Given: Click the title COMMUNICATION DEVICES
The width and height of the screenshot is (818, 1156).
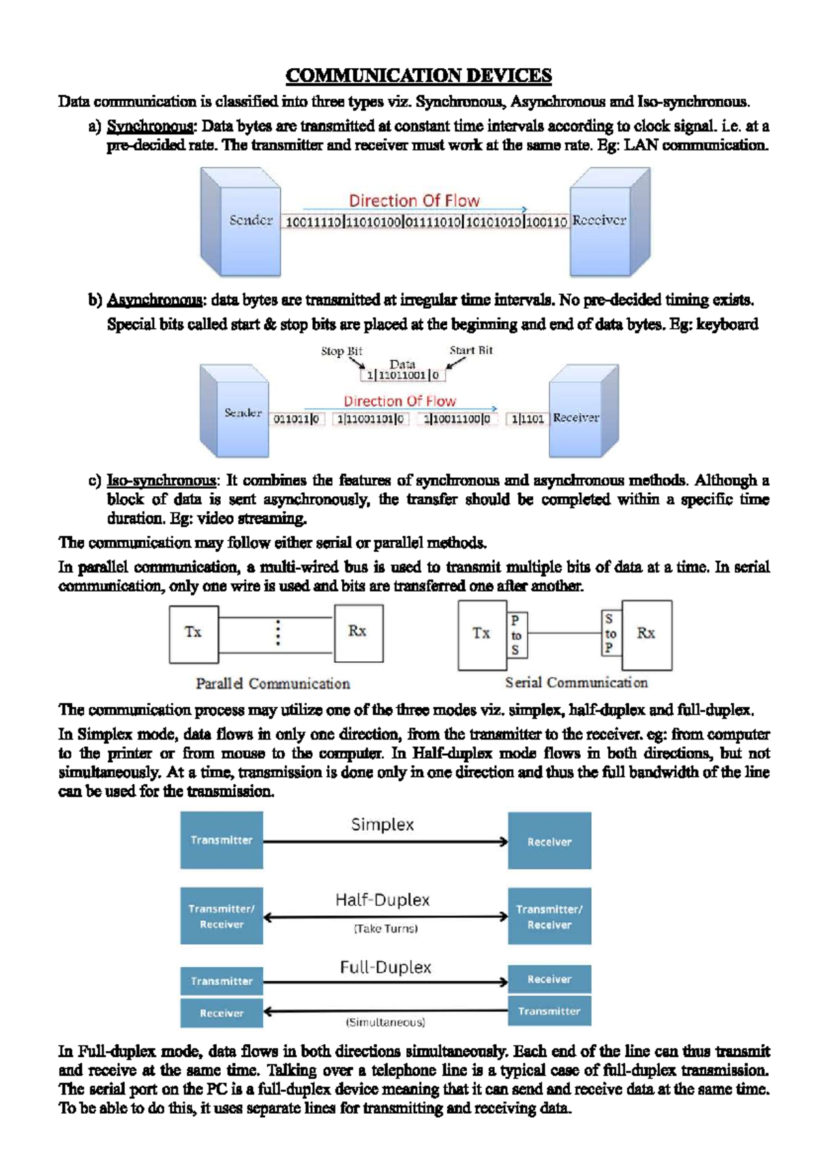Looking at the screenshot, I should [x=418, y=75].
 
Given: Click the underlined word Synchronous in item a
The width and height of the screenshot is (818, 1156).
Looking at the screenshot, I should [x=151, y=126].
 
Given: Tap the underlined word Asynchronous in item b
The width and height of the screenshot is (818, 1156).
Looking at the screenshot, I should [x=155, y=300].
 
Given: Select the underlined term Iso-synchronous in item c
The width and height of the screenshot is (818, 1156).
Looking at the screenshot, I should [x=161, y=481].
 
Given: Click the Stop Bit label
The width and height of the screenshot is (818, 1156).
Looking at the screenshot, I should [x=342, y=351].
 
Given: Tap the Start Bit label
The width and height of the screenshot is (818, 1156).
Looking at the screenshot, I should [x=471, y=350].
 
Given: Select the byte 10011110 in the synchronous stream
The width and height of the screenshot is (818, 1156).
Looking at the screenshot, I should [x=313, y=222].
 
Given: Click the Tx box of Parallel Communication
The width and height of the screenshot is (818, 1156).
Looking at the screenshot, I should [x=194, y=633].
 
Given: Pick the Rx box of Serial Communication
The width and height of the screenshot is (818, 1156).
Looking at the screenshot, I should [x=646, y=634].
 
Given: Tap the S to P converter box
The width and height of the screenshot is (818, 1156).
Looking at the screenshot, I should [x=610, y=633].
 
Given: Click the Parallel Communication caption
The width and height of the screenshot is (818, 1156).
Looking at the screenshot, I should [x=273, y=684].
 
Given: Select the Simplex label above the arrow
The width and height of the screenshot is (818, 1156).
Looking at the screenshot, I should [x=382, y=825].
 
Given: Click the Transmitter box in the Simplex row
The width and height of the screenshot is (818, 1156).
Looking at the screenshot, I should [x=222, y=840].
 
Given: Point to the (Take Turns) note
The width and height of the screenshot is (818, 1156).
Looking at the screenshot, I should [x=386, y=928].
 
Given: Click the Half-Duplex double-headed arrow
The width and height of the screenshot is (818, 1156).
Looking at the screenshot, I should [x=386, y=917].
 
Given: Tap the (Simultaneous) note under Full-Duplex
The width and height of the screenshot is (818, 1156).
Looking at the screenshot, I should [x=386, y=1022].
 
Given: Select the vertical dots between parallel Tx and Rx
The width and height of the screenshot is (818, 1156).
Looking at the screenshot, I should [x=277, y=633].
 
